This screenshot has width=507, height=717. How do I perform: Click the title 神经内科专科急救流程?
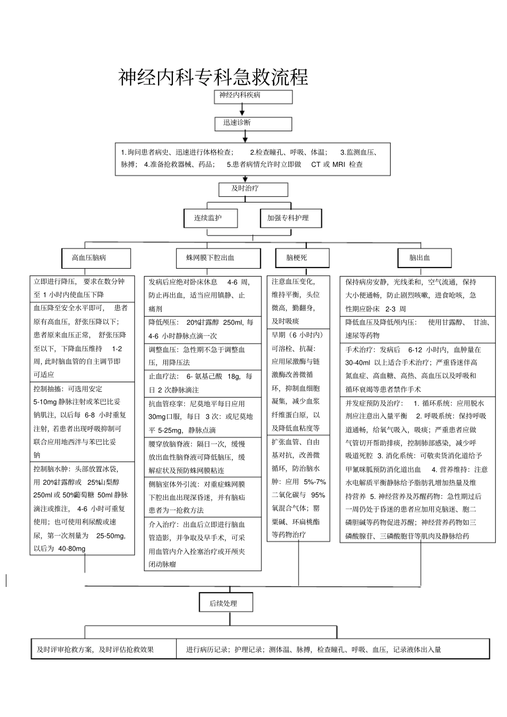213,77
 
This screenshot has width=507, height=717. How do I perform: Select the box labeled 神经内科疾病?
253,96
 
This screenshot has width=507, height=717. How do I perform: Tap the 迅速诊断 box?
253,124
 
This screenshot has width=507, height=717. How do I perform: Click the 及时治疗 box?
253,189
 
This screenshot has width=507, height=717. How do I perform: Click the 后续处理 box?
226,603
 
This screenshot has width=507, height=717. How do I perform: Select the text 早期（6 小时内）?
297,335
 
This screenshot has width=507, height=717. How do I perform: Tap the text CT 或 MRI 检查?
337,165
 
